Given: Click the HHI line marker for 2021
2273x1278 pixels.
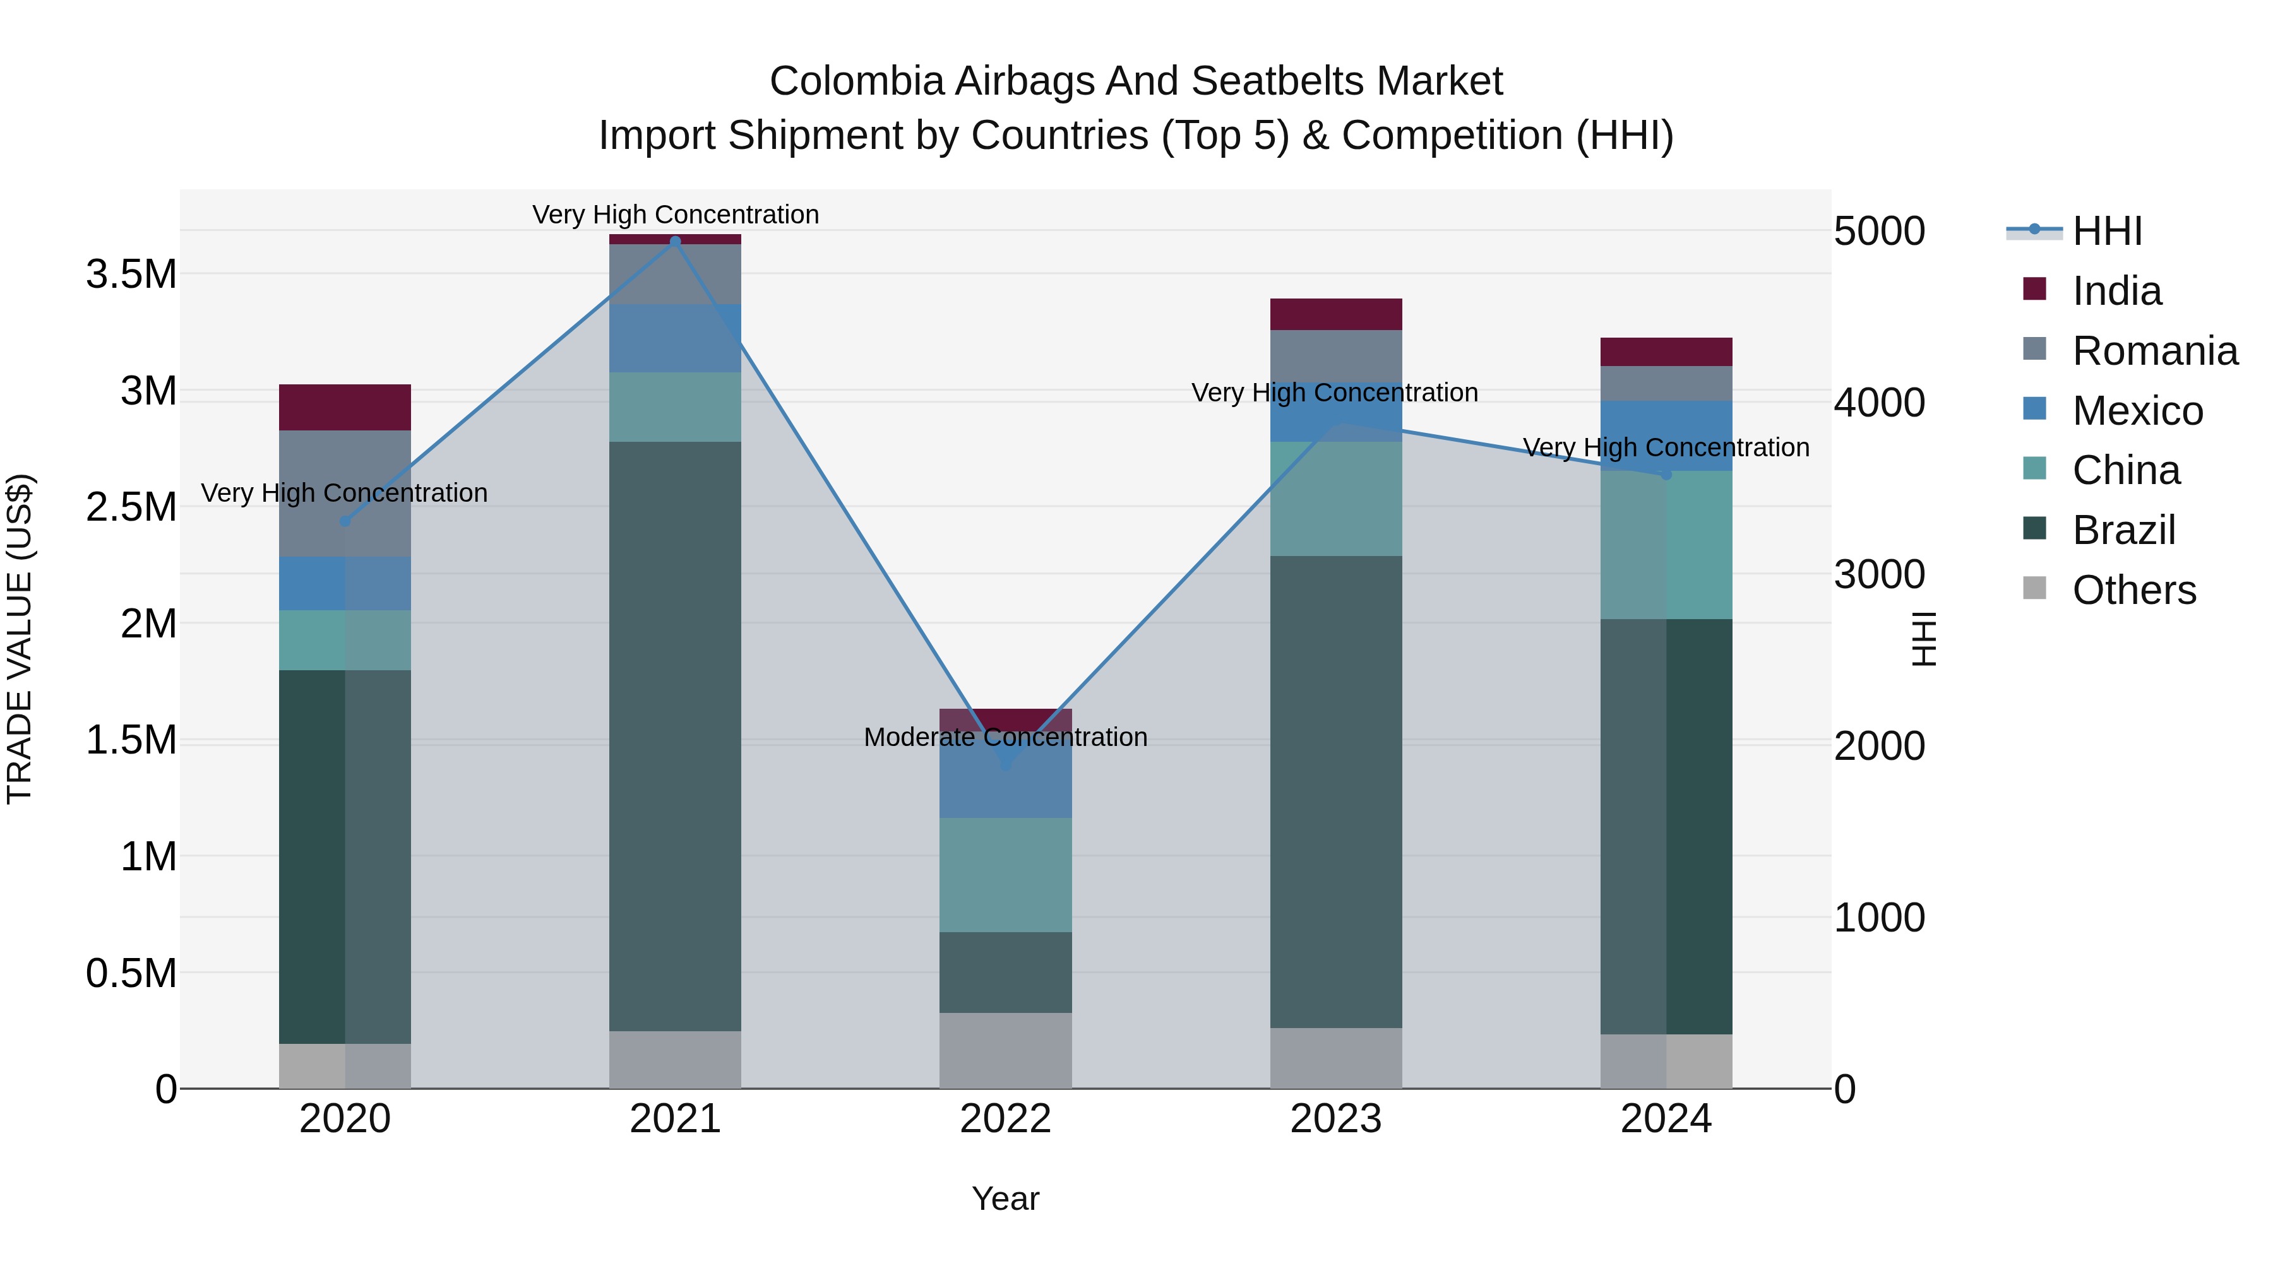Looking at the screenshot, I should pyautogui.click(x=675, y=242).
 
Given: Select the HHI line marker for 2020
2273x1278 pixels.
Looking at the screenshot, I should pyautogui.click(x=345, y=521).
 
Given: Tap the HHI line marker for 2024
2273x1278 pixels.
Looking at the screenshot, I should pyautogui.click(x=1666, y=475).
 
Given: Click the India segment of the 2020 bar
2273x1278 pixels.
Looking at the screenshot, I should pyautogui.click(x=345, y=408).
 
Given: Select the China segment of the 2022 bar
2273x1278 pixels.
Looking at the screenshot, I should pyautogui.click(x=1005, y=874).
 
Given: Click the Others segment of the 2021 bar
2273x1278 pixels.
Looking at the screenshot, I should pyautogui.click(x=675, y=1058).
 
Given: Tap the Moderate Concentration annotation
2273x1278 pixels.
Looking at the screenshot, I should pyautogui.click(x=1005, y=737).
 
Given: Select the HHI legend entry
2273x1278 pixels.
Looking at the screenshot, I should pyautogui.click(x=2106, y=231).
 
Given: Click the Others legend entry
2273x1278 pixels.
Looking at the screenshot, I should pyautogui.click(x=2133, y=590).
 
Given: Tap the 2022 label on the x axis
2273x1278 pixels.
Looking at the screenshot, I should pyautogui.click(x=1005, y=1119).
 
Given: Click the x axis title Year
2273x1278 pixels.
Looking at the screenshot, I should pyautogui.click(x=1005, y=1198).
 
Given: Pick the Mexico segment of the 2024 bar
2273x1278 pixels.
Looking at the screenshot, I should pyautogui.click(x=1666, y=435).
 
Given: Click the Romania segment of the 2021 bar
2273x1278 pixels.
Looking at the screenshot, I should pyautogui.click(x=675, y=275).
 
